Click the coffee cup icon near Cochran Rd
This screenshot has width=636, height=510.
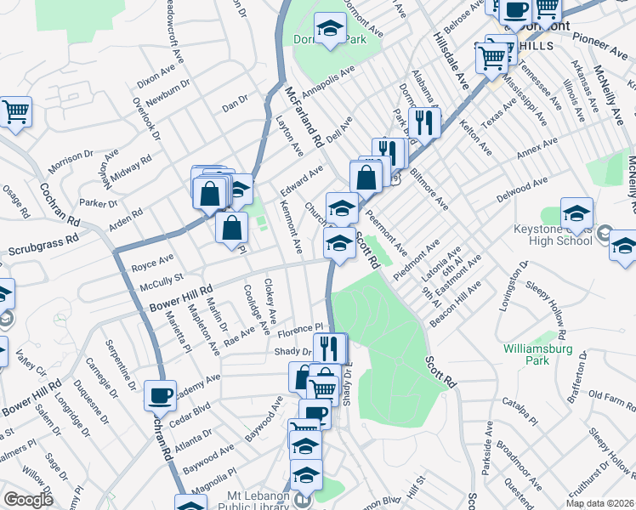pos(160,395)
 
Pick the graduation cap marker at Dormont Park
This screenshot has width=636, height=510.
pos(330,29)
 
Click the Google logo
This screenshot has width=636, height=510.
pos(28,500)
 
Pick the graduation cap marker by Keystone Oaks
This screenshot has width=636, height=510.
pos(576,217)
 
